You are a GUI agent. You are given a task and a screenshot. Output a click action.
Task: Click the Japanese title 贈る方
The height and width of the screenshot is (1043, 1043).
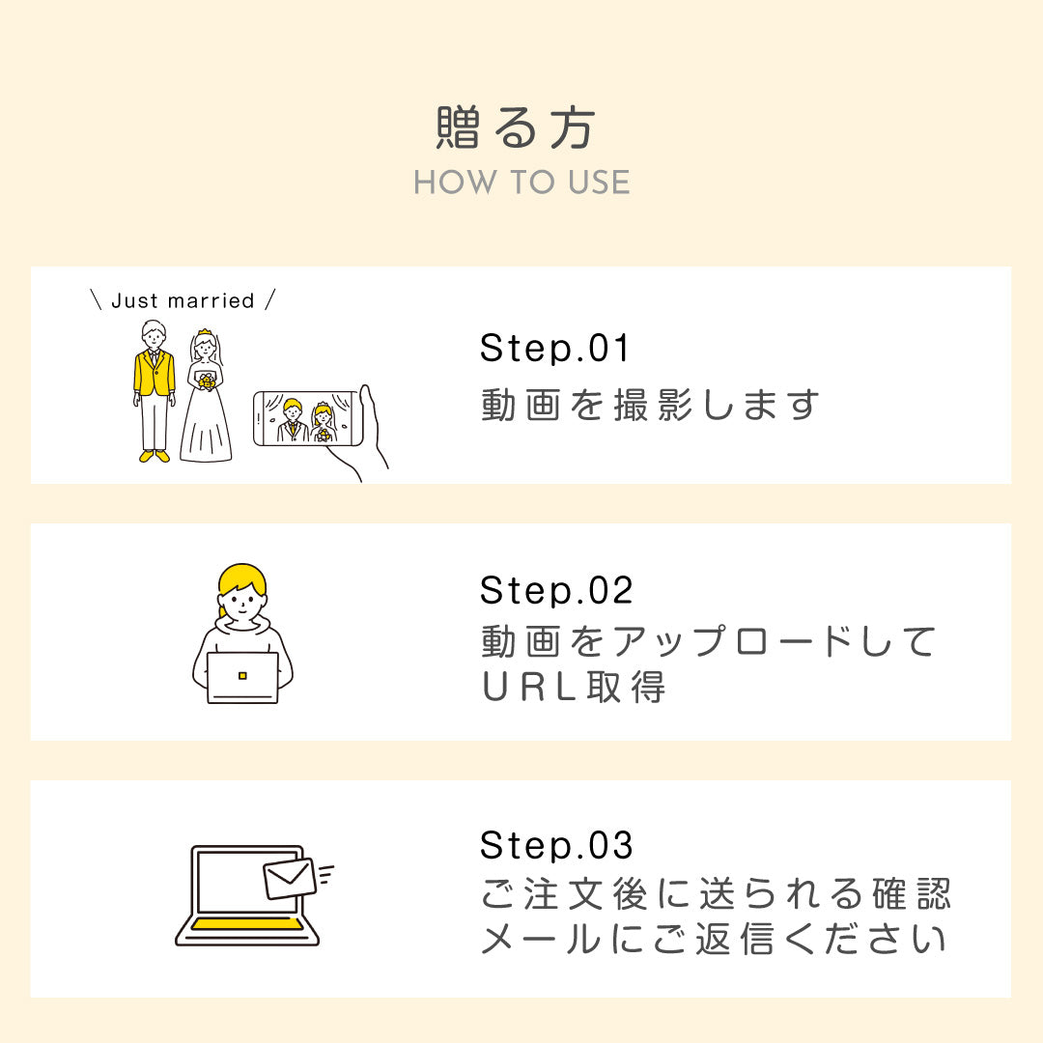coord(517,128)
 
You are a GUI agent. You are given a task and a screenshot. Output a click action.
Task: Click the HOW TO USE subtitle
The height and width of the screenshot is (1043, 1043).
coord(521,183)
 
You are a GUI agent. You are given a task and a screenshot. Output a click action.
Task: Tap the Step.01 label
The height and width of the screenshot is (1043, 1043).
coord(554,349)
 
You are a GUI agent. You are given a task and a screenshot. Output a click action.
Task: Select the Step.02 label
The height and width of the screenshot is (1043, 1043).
coord(556,590)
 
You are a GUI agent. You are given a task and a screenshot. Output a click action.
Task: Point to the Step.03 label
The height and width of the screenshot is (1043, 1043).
coord(556,845)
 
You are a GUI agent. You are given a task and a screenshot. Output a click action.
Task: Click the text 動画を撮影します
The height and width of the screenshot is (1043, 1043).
coord(650,405)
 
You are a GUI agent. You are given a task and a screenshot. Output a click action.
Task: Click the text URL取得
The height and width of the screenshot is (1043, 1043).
coord(573,688)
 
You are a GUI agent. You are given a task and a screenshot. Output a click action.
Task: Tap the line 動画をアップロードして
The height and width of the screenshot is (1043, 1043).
coord(709,641)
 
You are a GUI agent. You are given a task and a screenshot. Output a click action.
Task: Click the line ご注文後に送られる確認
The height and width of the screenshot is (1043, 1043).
coord(716,894)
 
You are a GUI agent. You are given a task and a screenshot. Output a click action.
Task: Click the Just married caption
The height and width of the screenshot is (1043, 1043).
coord(183,300)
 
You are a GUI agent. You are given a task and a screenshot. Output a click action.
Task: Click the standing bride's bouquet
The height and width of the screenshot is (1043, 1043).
coord(207,381)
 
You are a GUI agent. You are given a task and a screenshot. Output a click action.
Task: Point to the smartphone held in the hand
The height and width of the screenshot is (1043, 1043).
coord(308,418)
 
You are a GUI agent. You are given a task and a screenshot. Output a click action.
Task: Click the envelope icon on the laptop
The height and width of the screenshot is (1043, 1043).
coord(290,878)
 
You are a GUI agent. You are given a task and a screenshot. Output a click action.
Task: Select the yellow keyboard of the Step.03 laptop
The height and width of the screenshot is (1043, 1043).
coord(246,924)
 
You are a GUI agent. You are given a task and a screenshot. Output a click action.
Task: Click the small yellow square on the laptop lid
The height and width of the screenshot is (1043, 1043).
coord(242,675)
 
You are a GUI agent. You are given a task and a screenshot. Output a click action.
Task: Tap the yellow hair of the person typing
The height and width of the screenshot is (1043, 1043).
coord(241,578)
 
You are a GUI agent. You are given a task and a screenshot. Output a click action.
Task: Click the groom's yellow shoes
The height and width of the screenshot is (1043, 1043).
coord(154,456)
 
